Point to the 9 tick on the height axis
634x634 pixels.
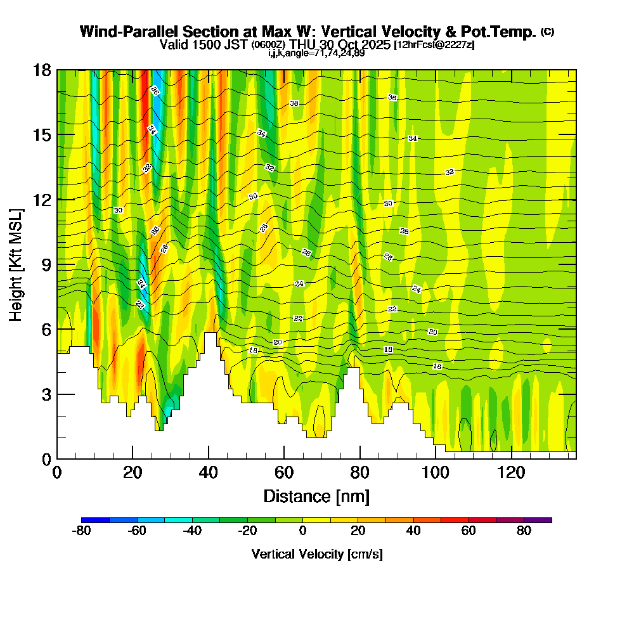45,264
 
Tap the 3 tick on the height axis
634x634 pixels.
45,394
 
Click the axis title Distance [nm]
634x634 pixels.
316,496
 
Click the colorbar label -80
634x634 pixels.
82,531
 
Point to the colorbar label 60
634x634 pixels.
469,531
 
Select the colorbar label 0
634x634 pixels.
303,531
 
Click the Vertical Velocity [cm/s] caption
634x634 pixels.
316,554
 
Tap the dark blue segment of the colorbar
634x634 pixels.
96,520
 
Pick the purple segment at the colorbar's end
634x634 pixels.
538,520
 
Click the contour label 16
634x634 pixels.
437,366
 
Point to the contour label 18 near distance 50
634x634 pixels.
253,350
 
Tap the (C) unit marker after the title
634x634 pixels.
547,32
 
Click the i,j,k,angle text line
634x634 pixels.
316,53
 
